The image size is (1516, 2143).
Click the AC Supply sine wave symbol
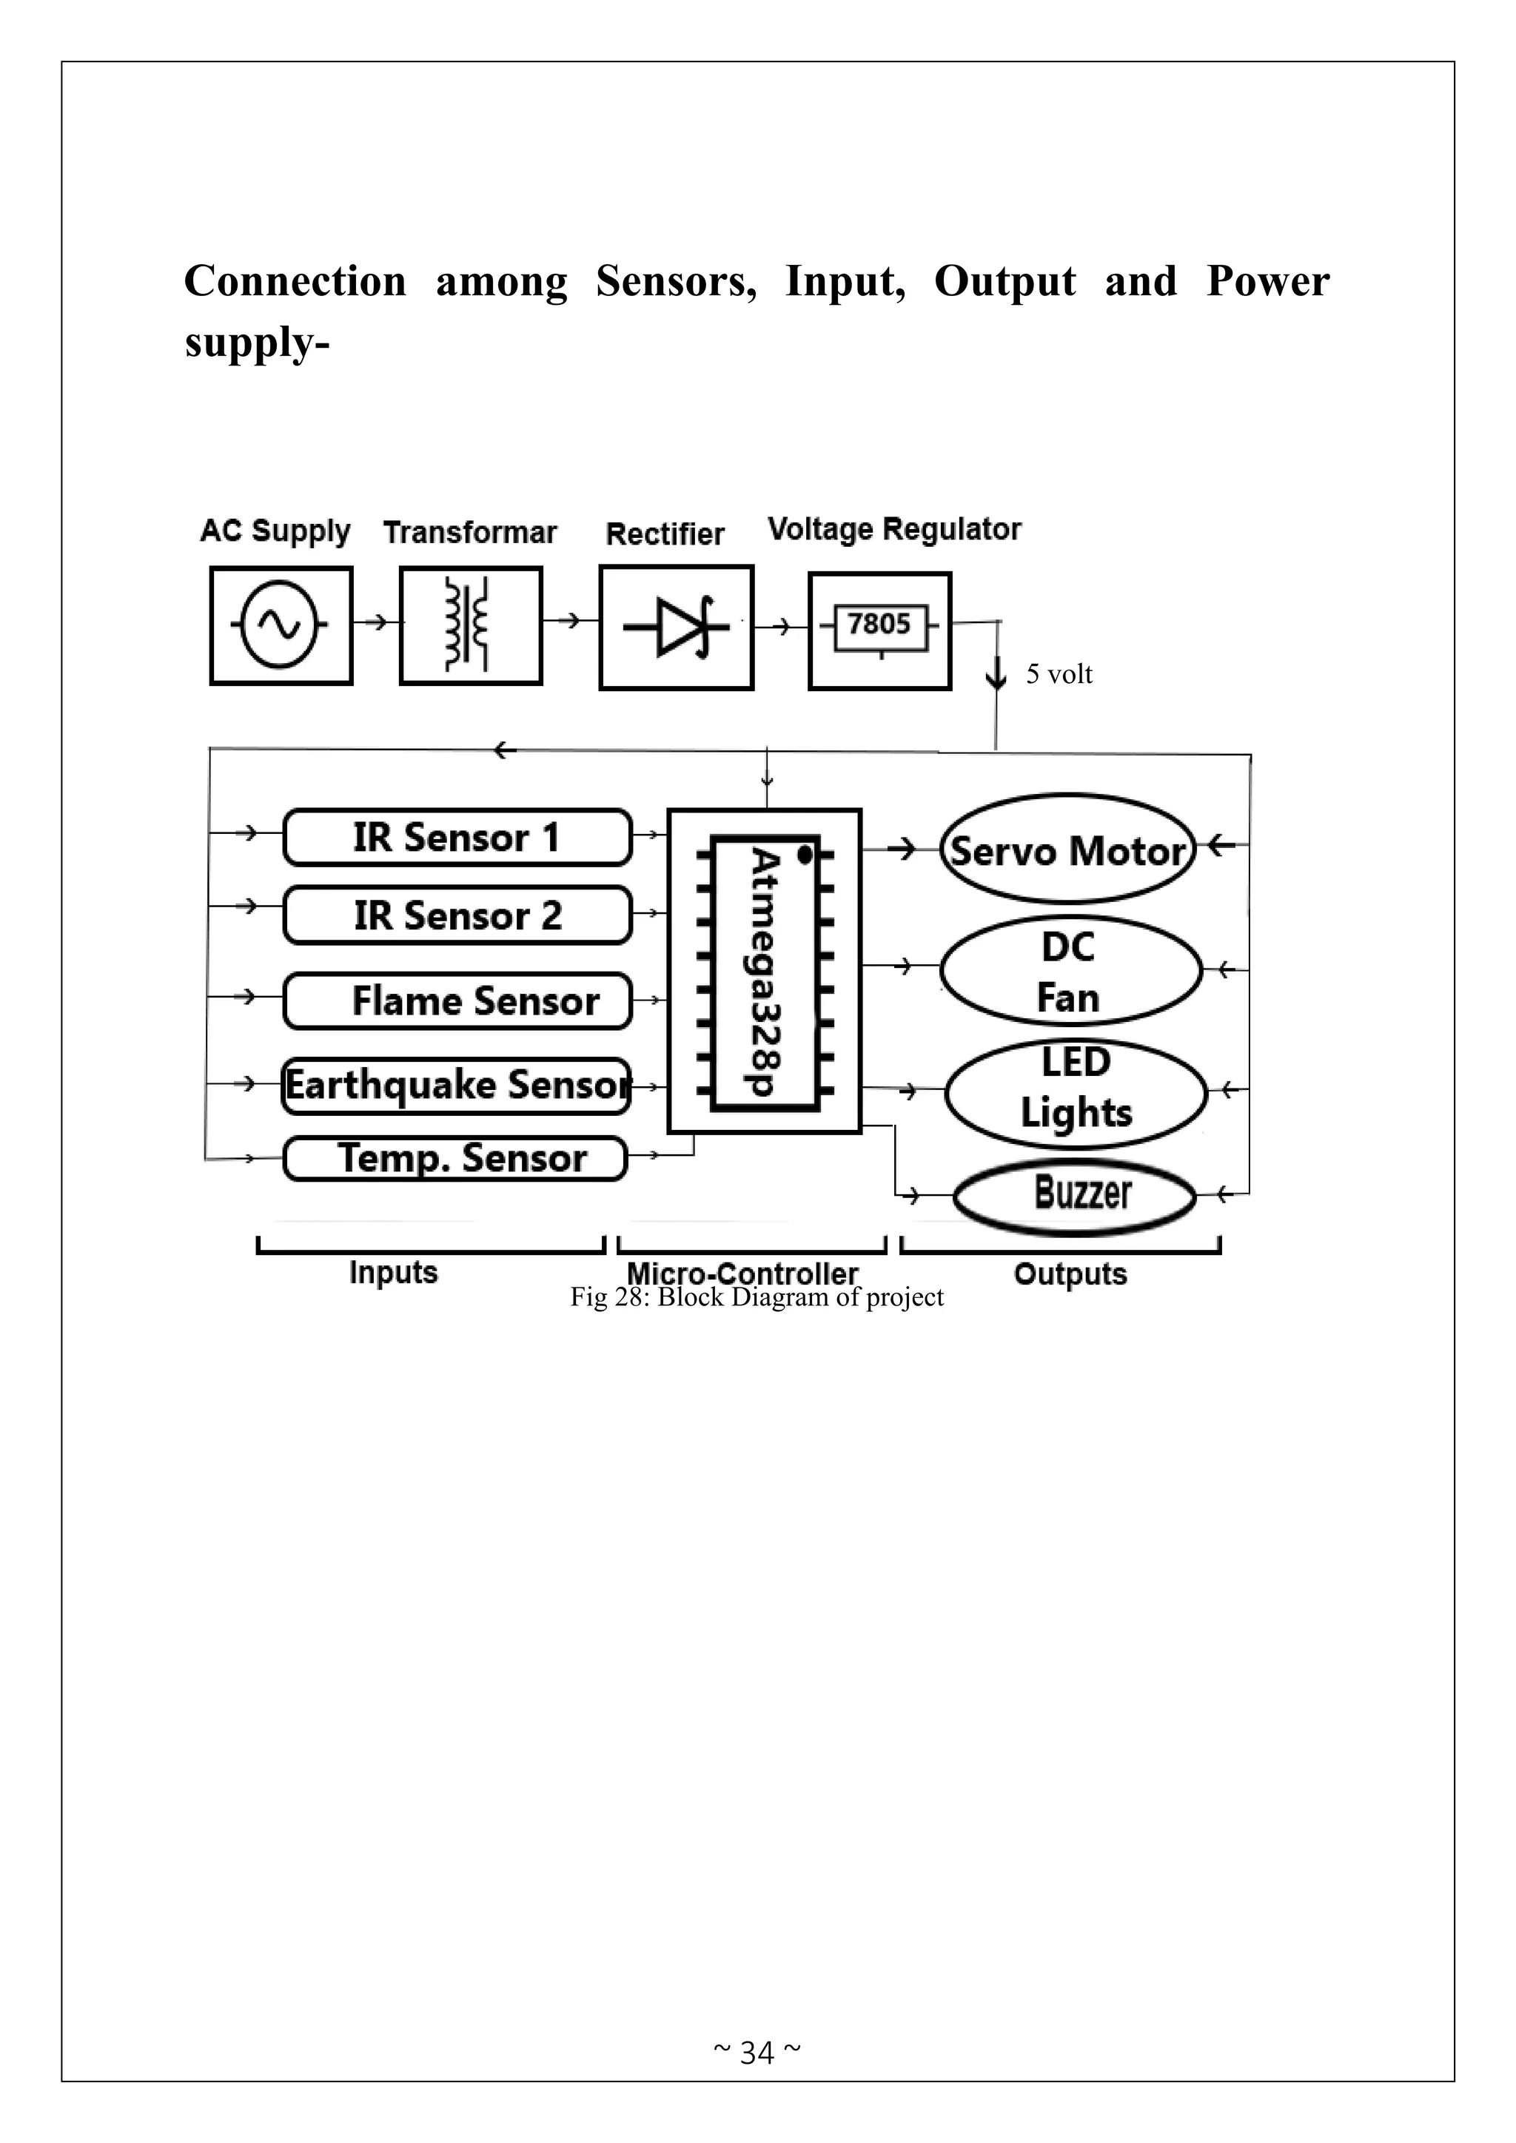(x=280, y=625)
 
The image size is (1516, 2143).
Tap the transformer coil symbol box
(x=471, y=625)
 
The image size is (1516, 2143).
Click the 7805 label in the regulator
(x=879, y=624)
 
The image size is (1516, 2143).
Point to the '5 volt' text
(x=1059, y=674)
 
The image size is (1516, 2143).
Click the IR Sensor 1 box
(x=457, y=837)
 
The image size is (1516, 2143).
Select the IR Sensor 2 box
(x=457, y=915)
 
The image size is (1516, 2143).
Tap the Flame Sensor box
(x=457, y=1000)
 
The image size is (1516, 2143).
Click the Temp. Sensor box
(x=455, y=1158)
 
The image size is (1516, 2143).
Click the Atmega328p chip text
(x=765, y=971)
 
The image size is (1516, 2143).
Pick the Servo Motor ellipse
(x=1067, y=850)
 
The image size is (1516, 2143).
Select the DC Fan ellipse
(x=1070, y=971)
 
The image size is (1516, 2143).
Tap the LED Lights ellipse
(x=1076, y=1090)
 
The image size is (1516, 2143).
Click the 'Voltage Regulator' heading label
(x=893, y=529)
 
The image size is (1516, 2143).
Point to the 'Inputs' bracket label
(x=393, y=1272)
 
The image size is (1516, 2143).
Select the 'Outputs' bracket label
(x=1070, y=1274)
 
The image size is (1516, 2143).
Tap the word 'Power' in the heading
(x=1267, y=281)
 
